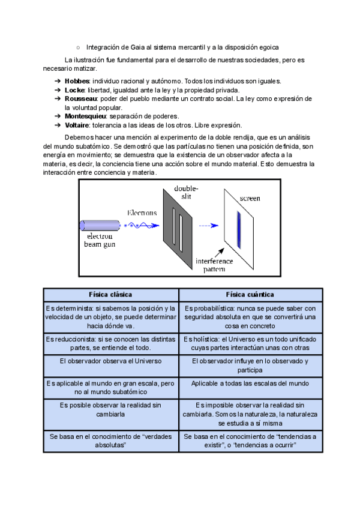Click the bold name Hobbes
[x=77, y=80]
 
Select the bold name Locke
[x=75, y=89]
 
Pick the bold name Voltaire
[x=77, y=125]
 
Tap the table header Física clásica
[x=110, y=295]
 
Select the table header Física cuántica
[x=250, y=295]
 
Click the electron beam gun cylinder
[x=100, y=226]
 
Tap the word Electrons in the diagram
[x=142, y=212]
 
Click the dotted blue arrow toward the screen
[x=208, y=226]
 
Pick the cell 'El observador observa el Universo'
[x=110, y=361]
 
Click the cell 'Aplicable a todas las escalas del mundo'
[x=250, y=383]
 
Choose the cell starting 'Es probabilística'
[x=250, y=316]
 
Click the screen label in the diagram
[x=250, y=199]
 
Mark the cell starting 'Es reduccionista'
[x=110, y=343]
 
